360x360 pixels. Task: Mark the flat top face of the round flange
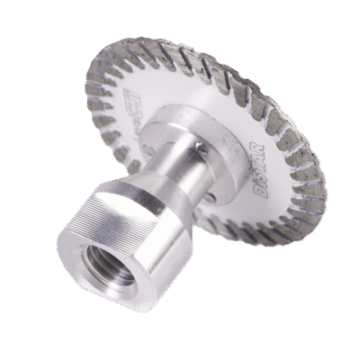[x=184, y=121]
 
